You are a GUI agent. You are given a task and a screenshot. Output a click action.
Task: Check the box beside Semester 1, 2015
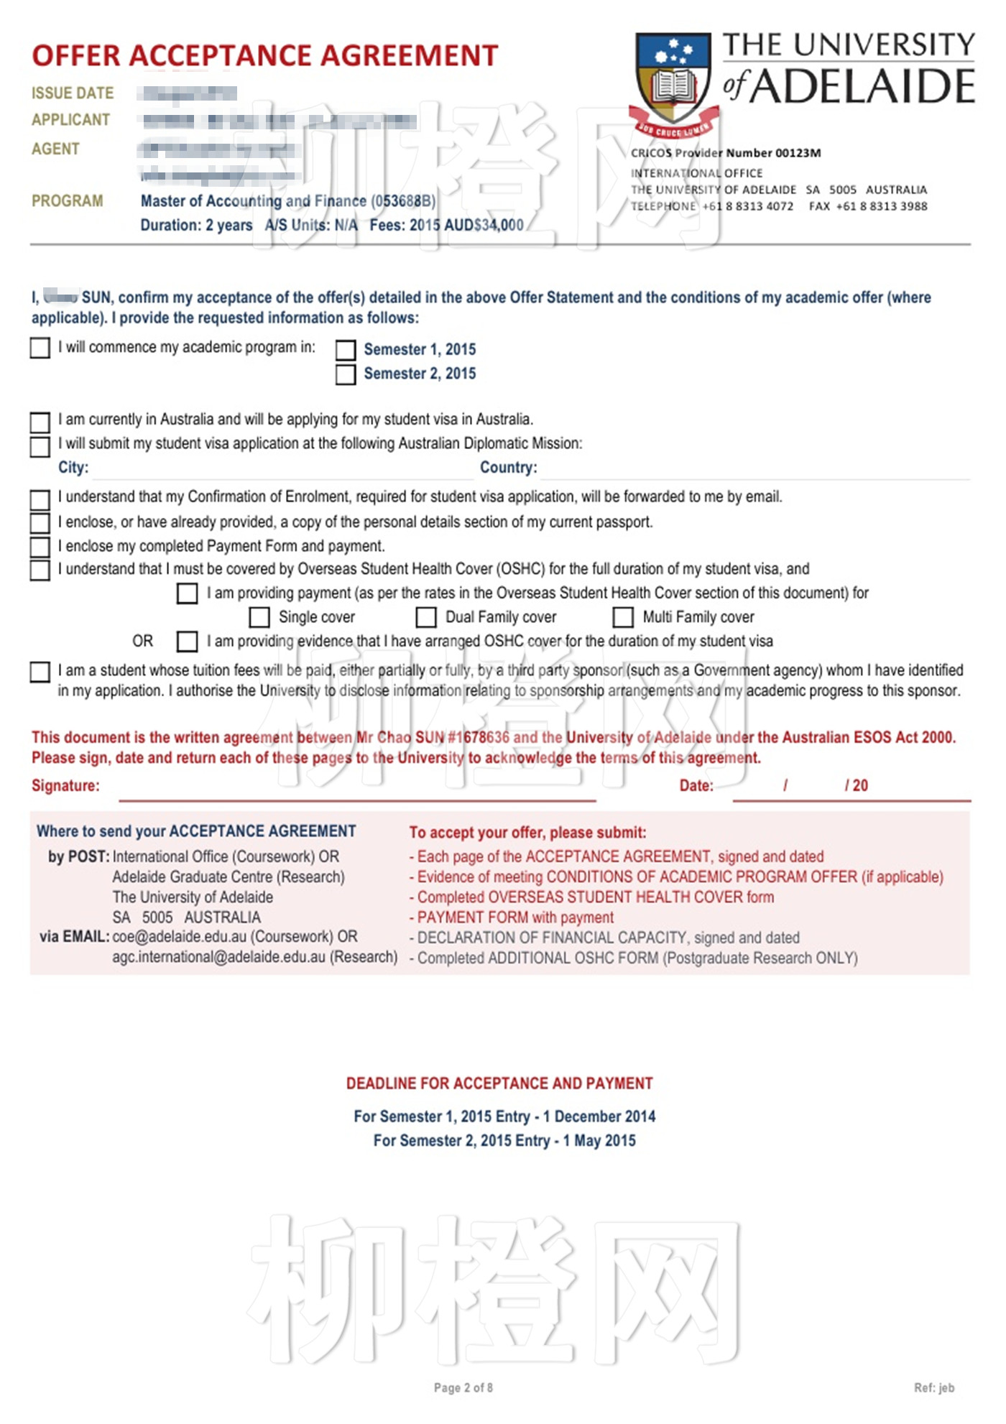[x=346, y=350]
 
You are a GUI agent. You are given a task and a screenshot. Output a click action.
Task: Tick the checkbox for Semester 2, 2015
[x=346, y=374]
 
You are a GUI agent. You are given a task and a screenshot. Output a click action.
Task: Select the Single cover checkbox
[x=259, y=617]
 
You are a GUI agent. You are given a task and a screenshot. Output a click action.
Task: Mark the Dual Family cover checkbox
[x=426, y=617]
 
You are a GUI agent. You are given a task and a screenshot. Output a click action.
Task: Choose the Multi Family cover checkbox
[x=623, y=617]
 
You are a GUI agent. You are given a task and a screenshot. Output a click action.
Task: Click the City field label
[x=73, y=468]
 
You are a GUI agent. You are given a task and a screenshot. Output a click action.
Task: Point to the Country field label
[x=508, y=468]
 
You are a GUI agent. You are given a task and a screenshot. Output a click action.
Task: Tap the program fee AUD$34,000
[x=484, y=226]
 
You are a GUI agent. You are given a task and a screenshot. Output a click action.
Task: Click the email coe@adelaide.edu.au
[x=180, y=937]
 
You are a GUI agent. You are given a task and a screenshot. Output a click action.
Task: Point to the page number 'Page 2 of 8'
[x=463, y=1387]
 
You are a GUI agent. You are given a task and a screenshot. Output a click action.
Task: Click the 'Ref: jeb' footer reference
[x=934, y=1387]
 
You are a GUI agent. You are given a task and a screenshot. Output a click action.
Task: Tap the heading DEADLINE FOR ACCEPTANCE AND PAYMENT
[x=499, y=1083]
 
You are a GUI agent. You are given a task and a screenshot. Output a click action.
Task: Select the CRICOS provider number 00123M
[x=798, y=153]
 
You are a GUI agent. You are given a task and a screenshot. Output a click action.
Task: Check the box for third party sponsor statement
[x=40, y=672]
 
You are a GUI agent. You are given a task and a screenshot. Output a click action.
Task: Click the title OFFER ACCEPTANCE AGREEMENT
[x=265, y=56]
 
